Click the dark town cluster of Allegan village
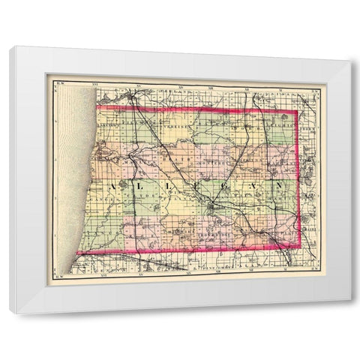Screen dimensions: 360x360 tap(213, 202)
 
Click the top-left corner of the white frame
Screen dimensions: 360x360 tap(11, 46)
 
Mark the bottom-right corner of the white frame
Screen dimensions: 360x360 tap(350, 301)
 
